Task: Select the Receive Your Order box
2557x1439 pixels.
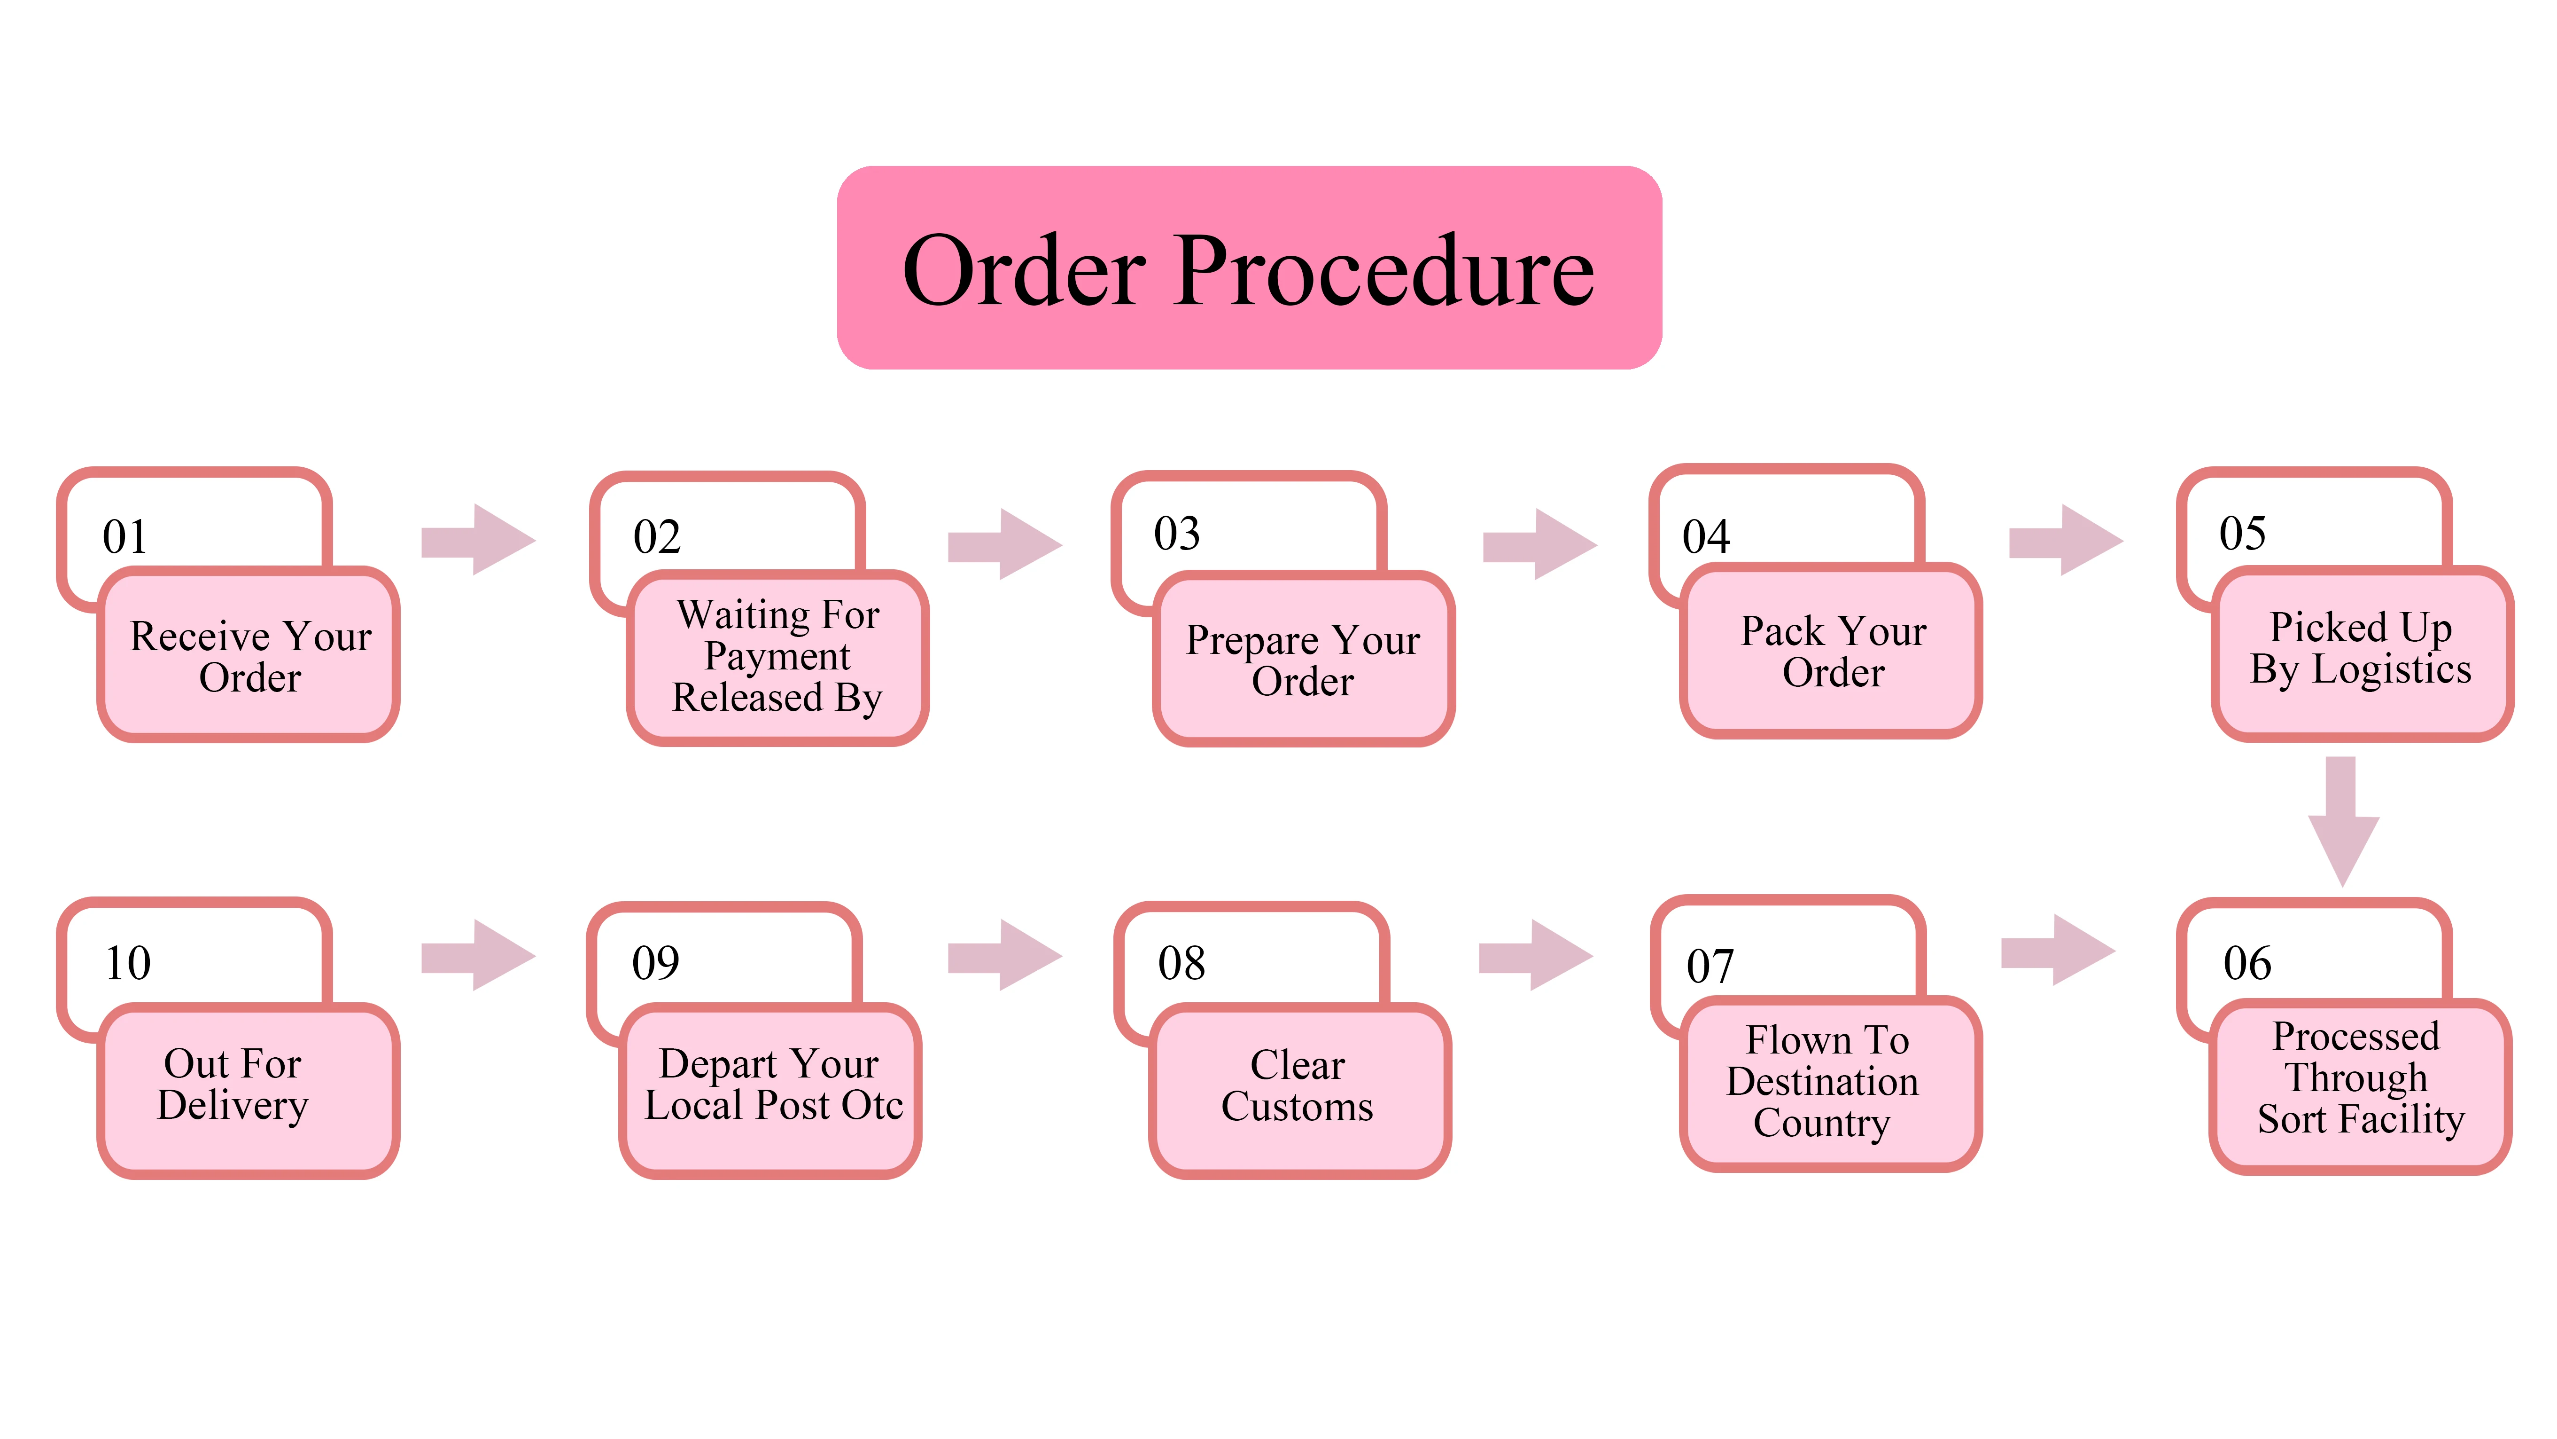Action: click(249, 655)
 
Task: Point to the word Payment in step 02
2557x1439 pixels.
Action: click(777, 656)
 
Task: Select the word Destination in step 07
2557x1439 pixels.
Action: click(1822, 1082)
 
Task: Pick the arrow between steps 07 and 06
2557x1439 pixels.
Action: click(2058, 951)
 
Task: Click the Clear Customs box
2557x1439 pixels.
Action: click(1298, 1087)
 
